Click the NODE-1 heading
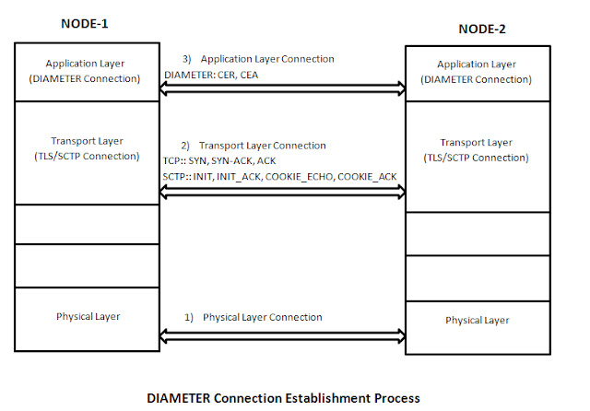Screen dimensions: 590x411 point(84,24)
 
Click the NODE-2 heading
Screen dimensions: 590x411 point(482,29)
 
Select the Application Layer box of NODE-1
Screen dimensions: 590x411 point(87,72)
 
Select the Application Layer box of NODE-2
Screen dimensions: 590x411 point(478,74)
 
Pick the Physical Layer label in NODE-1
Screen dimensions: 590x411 point(88,317)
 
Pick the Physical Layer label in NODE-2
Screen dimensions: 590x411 point(478,321)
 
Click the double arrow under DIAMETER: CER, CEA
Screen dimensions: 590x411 point(283,88)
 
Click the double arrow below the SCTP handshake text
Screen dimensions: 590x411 point(283,193)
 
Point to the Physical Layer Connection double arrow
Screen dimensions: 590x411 point(283,336)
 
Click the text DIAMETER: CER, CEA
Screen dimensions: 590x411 point(211,75)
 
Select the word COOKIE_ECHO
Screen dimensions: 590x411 point(299,177)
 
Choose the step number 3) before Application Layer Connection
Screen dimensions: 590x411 point(187,59)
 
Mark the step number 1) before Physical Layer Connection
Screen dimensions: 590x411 point(188,317)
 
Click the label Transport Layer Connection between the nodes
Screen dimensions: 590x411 point(262,146)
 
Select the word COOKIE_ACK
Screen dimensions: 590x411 point(367,177)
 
